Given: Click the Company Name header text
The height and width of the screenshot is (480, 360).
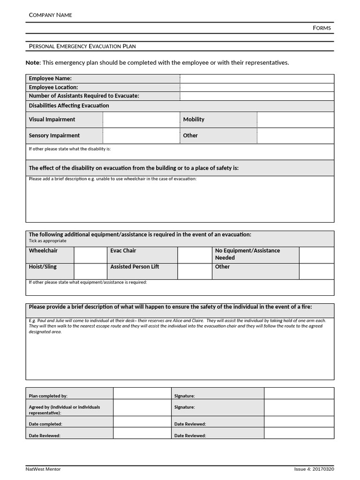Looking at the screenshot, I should (x=51, y=15).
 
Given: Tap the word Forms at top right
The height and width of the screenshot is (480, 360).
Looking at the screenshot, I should (x=322, y=28).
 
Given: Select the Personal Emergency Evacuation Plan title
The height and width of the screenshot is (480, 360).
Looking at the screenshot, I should (x=82, y=46).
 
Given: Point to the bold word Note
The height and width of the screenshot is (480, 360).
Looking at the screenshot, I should (x=33, y=63).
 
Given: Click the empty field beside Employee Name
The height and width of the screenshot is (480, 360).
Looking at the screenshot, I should (x=257, y=78).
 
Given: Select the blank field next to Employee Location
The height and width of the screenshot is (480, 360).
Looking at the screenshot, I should (x=257, y=87).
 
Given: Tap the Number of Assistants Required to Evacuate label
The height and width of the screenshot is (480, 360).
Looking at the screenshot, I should (x=84, y=96).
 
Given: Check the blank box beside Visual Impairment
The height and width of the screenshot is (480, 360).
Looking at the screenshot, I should (x=141, y=120).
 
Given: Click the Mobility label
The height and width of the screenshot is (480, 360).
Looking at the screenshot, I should (x=194, y=120).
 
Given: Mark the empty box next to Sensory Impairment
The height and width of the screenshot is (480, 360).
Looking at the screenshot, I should (x=141, y=135).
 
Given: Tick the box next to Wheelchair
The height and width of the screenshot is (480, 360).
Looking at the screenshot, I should (x=90, y=255).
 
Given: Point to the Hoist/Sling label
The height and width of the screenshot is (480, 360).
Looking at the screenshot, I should (x=43, y=267).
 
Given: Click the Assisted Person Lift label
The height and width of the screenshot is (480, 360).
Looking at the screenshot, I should (x=135, y=267).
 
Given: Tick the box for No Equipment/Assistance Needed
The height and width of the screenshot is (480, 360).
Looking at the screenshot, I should (x=316, y=255).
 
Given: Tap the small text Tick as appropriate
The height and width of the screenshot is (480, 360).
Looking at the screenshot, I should (x=48, y=241).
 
